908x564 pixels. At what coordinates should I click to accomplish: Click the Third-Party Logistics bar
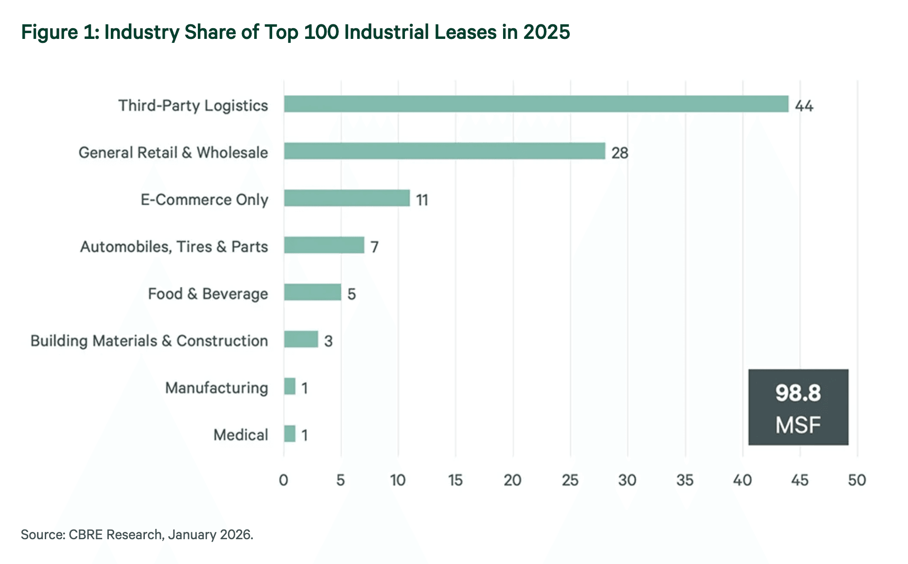pos(536,104)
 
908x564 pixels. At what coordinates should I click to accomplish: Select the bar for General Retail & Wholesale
pos(444,151)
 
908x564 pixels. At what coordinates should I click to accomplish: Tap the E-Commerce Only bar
pos(347,198)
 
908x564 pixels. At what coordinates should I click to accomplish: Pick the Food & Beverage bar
pos(312,292)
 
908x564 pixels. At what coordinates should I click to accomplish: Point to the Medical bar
pos(290,434)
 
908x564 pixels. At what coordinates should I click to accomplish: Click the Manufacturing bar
pos(290,387)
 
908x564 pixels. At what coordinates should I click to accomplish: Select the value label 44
pos(804,106)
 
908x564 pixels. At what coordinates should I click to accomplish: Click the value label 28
pos(620,153)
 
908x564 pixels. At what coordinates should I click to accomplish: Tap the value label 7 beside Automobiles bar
pos(374,247)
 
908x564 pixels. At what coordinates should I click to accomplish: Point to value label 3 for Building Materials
pos(329,341)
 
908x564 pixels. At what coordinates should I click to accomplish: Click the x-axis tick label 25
pos(570,480)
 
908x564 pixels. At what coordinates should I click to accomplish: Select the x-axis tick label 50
pos(856,480)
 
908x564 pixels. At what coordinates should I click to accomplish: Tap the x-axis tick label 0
pos(283,480)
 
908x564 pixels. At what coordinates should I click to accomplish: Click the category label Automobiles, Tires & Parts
pos(174,247)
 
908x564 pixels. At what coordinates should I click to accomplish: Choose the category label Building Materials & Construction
pos(149,341)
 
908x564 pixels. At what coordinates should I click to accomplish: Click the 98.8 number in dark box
pos(798,393)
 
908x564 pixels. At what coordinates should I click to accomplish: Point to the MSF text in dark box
pos(798,425)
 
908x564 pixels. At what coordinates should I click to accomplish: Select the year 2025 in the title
pos(546,32)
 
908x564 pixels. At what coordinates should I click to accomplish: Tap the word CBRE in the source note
pos(86,535)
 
